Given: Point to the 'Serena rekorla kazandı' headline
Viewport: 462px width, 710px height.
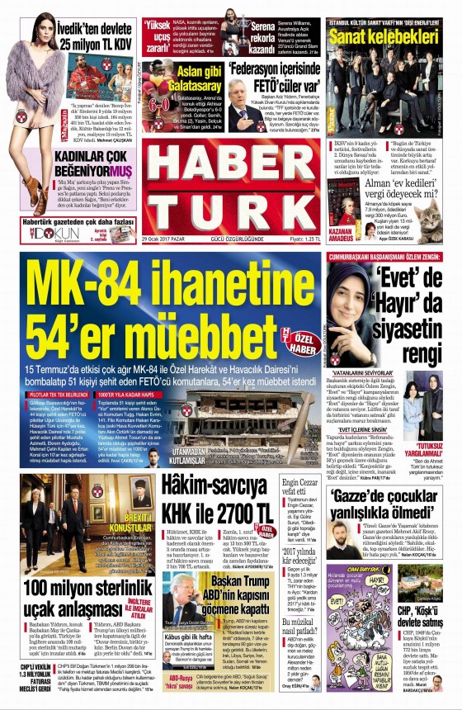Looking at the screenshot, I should [269, 30].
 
